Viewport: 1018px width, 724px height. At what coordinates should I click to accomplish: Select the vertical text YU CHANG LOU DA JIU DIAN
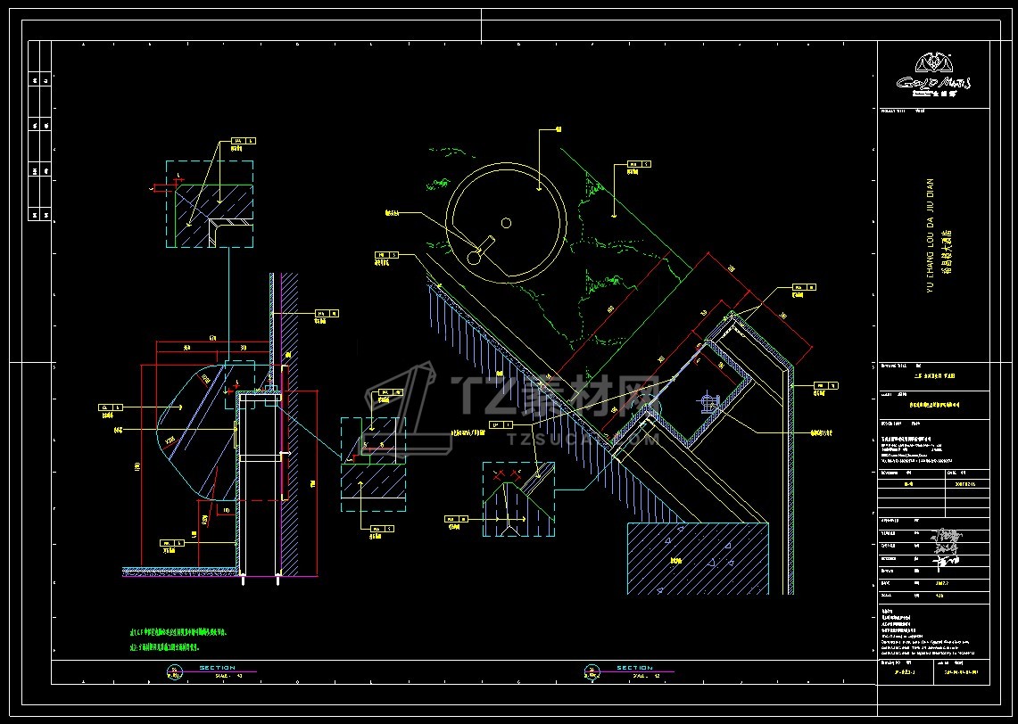[929, 235]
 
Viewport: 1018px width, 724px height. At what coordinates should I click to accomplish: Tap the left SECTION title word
[217, 668]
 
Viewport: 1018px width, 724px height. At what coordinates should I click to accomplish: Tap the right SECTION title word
[634, 668]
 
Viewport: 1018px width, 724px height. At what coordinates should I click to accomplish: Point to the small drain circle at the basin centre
[506, 222]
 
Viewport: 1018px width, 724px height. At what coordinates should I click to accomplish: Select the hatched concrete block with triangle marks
[698, 558]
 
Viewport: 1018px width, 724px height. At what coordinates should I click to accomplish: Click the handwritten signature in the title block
[945, 545]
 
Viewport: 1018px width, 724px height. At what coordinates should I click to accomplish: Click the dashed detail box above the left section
[209, 204]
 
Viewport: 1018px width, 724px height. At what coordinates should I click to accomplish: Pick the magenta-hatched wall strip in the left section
[291, 424]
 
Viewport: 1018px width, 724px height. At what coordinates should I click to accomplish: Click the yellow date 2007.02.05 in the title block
[965, 484]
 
